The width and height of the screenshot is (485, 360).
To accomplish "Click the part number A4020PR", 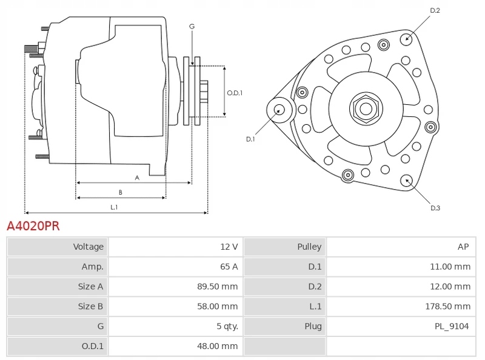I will [x=33, y=227].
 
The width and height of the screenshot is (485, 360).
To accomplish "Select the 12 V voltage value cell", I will [x=229, y=247].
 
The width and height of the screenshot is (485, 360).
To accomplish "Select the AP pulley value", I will [x=463, y=247].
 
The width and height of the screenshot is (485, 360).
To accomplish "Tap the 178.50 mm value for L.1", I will [x=447, y=307].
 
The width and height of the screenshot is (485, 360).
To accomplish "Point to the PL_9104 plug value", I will [x=452, y=327].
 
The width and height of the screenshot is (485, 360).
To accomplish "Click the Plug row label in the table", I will [x=313, y=327].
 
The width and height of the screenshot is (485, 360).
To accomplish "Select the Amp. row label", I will [x=92, y=267].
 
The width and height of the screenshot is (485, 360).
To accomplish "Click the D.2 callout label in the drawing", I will [x=435, y=10].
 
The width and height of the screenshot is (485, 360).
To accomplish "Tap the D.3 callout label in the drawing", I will [x=435, y=208].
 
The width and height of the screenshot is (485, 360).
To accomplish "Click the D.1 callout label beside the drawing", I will [x=250, y=139].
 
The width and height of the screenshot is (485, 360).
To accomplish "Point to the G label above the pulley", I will [x=192, y=27].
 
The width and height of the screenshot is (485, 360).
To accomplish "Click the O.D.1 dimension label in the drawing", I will [x=235, y=93].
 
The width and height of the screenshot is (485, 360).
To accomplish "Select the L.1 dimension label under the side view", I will [x=113, y=207].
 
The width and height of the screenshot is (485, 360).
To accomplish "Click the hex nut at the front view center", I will [x=366, y=108].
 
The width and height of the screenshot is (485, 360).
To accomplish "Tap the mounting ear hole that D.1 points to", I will [x=279, y=110].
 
